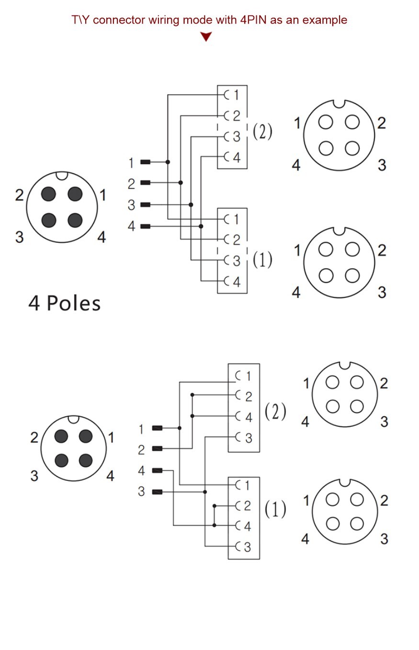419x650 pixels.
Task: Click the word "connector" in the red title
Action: (x=119, y=20)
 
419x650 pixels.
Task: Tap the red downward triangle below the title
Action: (x=206, y=36)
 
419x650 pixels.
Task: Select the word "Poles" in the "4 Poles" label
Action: (x=74, y=304)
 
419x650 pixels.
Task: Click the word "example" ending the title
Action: (x=325, y=20)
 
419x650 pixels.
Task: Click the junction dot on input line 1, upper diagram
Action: (x=168, y=162)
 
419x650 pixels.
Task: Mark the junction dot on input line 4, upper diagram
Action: (x=201, y=227)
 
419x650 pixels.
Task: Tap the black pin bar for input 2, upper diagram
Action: (x=146, y=182)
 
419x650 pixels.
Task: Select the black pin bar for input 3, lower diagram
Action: (x=157, y=492)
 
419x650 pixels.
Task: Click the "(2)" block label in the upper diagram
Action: (x=262, y=131)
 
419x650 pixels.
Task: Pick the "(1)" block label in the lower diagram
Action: (x=275, y=509)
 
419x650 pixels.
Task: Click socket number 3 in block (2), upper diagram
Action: (x=237, y=137)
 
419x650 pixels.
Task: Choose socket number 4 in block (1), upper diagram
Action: (x=237, y=282)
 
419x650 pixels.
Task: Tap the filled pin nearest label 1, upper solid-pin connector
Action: (x=75, y=194)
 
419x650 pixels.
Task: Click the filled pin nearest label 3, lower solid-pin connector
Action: (x=61, y=460)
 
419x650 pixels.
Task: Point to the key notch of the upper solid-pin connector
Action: (x=62, y=176)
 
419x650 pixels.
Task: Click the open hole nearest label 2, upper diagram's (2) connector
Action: (x=352, y=122)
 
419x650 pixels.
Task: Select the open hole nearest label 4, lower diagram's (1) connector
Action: (x=333, y=524)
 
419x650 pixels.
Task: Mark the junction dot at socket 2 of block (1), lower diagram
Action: (x=215, y=506)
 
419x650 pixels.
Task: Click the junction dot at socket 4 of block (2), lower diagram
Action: (x=193, y=416)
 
